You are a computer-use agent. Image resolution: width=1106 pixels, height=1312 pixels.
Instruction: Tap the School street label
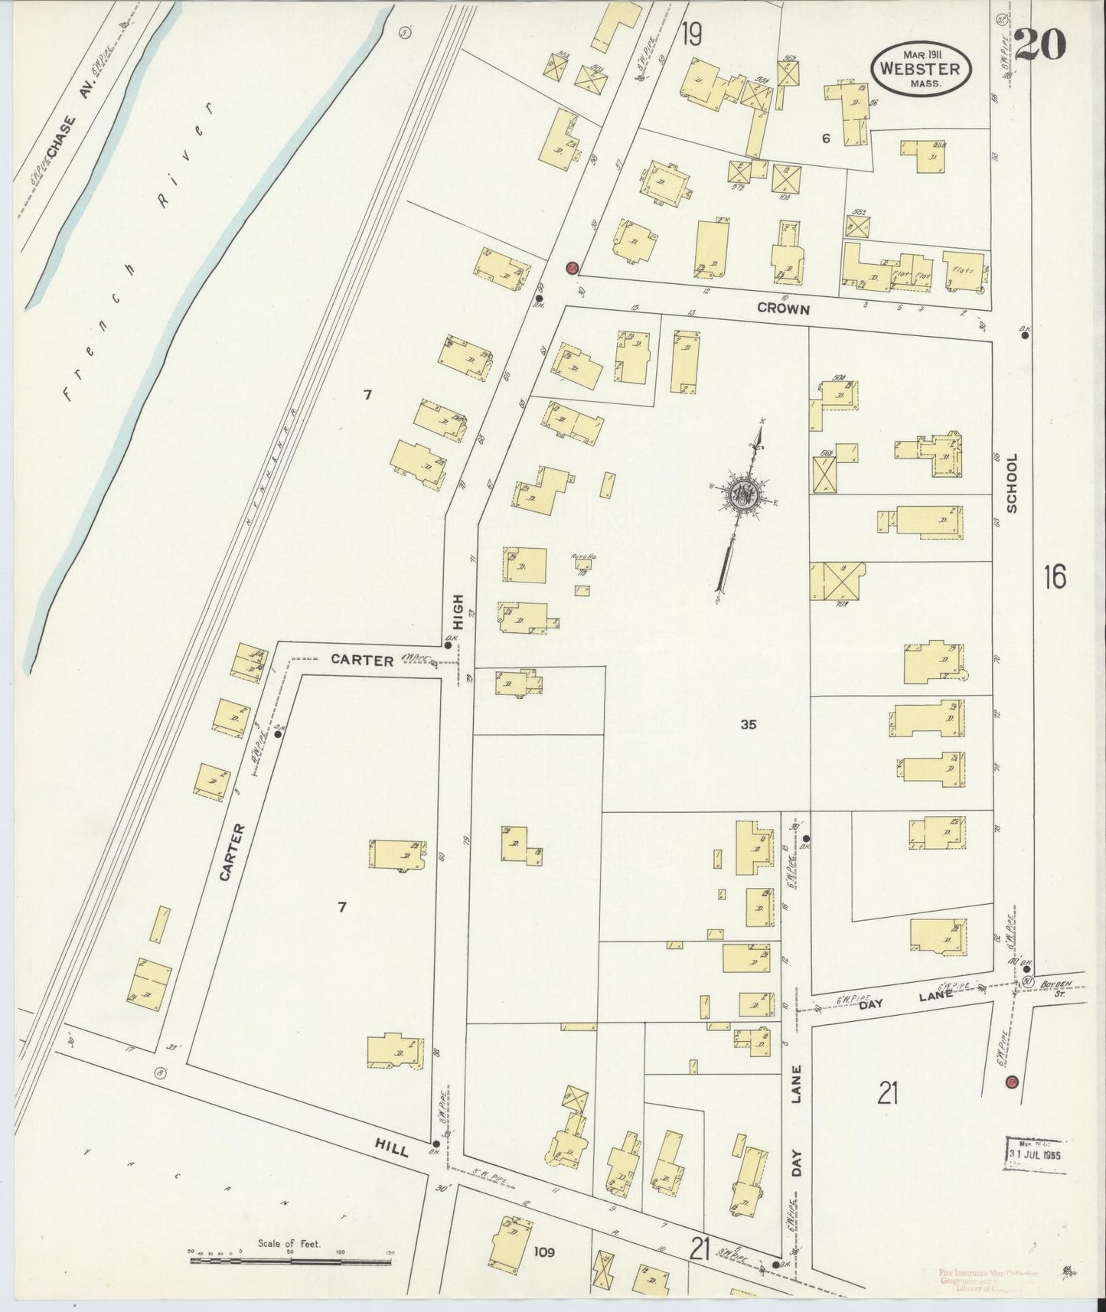click(1013, 483)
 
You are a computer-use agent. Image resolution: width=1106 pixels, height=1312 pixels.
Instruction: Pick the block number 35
click(748, 724)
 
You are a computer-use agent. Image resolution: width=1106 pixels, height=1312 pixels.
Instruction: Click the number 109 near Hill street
click(544, 1252)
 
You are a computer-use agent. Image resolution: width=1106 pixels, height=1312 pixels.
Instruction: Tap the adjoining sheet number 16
click(1053, 576)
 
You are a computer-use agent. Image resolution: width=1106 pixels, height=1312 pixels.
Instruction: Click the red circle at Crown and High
click(571, 268)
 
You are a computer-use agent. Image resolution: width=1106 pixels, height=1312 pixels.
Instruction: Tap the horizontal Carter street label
click(362, 659)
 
